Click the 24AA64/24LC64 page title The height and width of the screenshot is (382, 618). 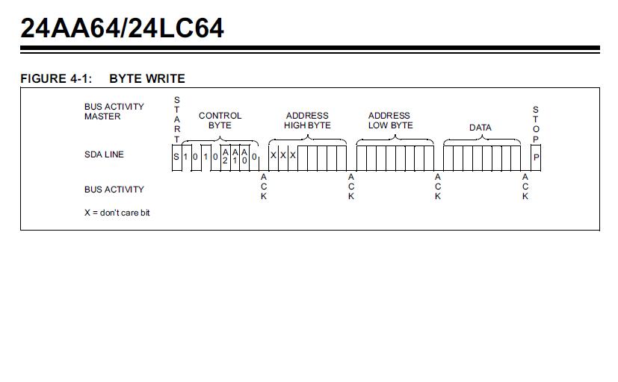(x=123, y=28)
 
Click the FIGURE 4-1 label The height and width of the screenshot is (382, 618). (x=56, y=78)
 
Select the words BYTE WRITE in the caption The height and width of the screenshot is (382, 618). (x=147, y=78)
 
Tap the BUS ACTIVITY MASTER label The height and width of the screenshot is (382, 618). (x=114, y=111)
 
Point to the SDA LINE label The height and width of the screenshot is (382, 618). (x=104, y=154)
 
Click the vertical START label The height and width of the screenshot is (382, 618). (x=177, y=119)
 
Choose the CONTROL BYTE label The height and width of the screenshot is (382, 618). (x=220, y=120)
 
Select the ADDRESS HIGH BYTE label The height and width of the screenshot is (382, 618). (x=307, y=120)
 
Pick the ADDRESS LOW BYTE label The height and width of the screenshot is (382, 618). (x=390, y=120)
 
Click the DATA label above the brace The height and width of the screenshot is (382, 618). (x=480, y=128)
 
